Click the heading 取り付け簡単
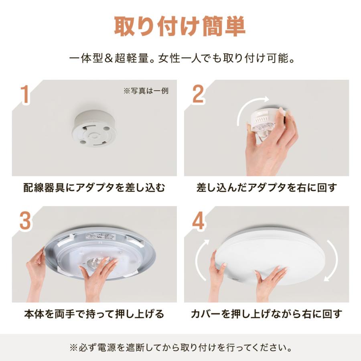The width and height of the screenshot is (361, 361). tap(180, 27)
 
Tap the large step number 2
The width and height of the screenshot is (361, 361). tap(198, 93)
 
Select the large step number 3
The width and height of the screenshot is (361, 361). tap(25, 220)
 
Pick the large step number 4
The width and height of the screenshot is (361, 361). tap(198, 220)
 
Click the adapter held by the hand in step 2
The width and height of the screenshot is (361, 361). tap(265, 119)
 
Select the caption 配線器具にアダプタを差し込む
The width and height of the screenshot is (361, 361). tap(94, 188)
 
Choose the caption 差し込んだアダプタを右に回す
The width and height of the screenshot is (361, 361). tap(266, 188)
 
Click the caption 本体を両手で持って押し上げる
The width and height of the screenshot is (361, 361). tap(94, 314)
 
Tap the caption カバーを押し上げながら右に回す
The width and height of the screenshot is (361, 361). tap(266, 314)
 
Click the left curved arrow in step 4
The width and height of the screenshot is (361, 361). tap(201, 259)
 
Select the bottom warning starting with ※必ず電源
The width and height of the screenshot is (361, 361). tap(180, 347)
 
